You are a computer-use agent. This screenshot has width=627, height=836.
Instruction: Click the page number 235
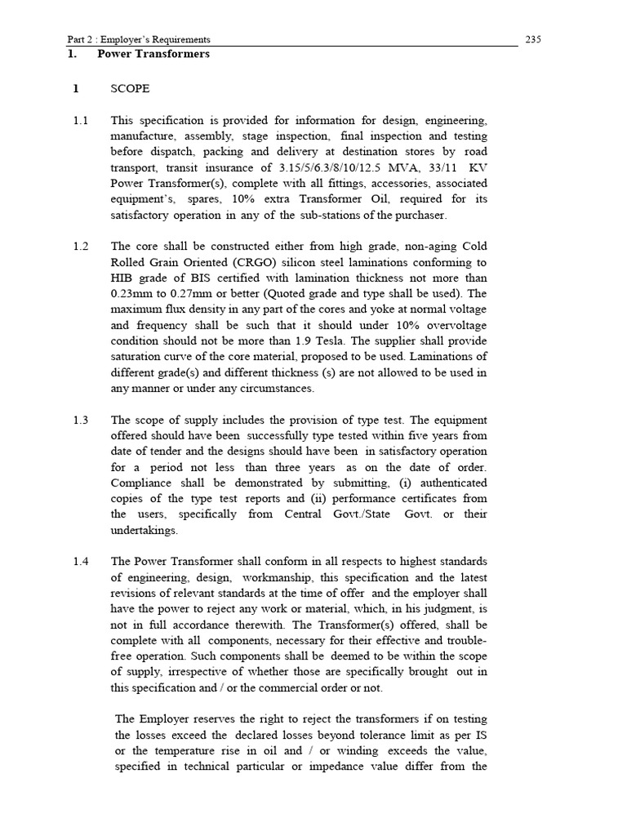[x=534, y=39]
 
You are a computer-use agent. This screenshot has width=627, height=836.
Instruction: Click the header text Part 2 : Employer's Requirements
[x=139, y=39]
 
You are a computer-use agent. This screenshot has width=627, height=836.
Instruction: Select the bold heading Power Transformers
[x=153, y=55]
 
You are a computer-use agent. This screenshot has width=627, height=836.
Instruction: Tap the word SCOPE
[x=130, y=89]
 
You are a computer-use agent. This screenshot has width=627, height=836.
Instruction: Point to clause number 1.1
[x=80, y=121]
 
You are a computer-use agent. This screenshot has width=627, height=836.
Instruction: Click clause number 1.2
[x=80, y=247]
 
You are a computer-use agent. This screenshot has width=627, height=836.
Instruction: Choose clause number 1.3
[x=80, y=420]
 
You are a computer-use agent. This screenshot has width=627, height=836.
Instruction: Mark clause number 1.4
[x=80, y=561]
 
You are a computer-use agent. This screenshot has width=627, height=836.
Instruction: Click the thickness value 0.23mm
[x=134, y=294]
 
